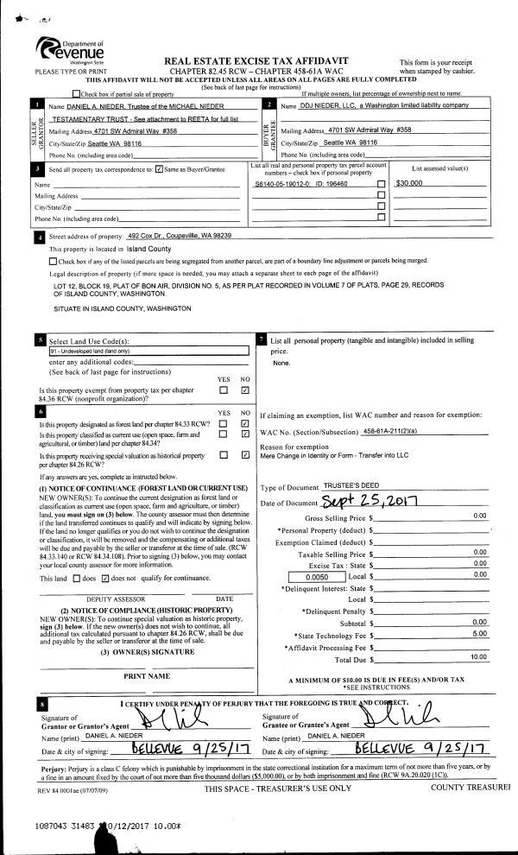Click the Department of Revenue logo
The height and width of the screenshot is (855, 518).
(70, 52)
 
